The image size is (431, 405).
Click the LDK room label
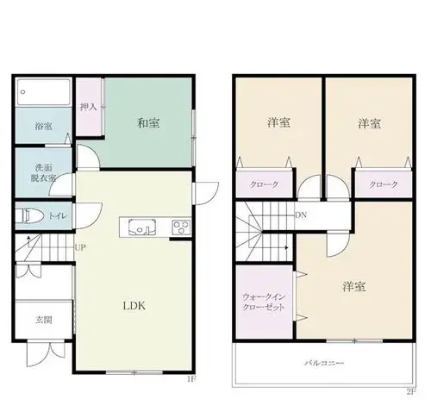[x=134, y=306]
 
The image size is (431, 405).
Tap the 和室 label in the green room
[x=148, y=123]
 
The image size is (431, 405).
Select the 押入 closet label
[x=89, y=107]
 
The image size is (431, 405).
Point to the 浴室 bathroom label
[x=43, y=126]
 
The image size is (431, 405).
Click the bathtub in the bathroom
[x=44, y=92]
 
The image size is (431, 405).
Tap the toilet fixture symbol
[x=29, y=215]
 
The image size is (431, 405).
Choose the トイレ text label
[x=58, y=215]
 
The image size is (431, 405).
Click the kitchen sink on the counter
[x=142, y=227]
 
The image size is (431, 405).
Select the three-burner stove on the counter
[x=181, y=227]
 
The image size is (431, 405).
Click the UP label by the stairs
[x=80, y=247]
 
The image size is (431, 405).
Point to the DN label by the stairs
[x=301, y=215]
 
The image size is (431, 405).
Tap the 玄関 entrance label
[x=44, y=320]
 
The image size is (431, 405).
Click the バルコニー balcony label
[x=324, y=363]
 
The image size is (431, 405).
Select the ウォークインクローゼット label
[x=264, y=302]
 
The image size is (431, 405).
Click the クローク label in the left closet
[x=264, y=184]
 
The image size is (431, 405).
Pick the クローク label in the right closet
[x=384, y=184]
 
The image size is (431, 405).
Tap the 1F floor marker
[x=191, y=379]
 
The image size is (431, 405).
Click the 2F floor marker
[x=411, y=391]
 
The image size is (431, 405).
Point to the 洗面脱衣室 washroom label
[x=43, y=173]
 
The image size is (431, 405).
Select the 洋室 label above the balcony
[x=353, y=287]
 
